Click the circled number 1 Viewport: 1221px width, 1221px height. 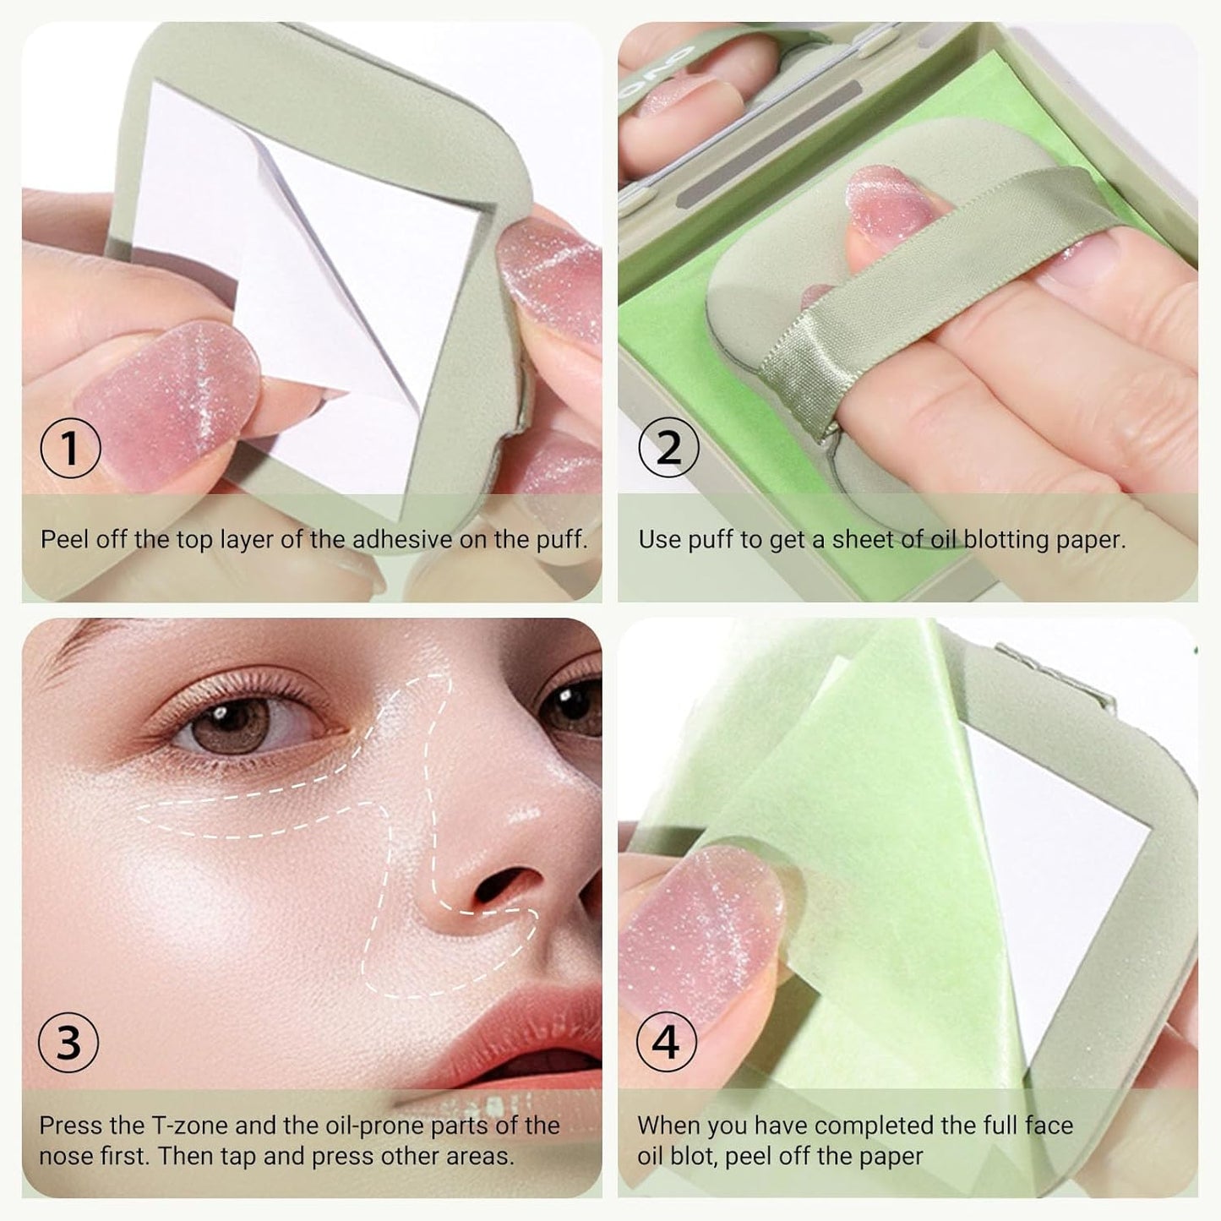(71, 449)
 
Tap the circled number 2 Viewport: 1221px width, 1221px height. (668, 449)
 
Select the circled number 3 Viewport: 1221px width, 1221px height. (68, 1043)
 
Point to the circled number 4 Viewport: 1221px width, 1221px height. (667, 1043)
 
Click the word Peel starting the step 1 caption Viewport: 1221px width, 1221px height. (64, 539)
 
